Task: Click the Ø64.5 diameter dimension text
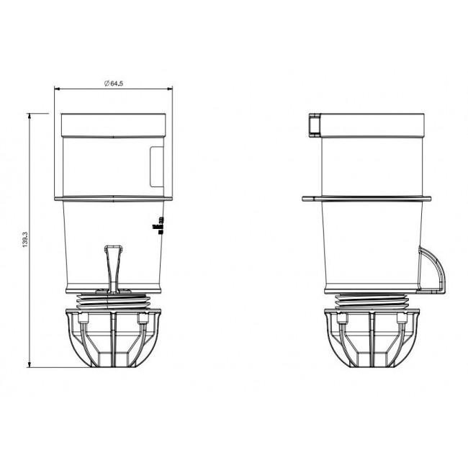click(114, 84)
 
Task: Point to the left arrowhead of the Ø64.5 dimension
click(58, 89)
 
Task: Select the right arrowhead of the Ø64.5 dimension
click(169, 89)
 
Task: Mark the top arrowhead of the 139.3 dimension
click(29, 114)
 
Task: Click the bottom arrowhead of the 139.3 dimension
click(29, 364)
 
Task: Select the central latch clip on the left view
click(112, 266)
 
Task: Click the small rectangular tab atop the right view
click(313, 125)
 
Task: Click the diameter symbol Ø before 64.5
click(106, 84)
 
